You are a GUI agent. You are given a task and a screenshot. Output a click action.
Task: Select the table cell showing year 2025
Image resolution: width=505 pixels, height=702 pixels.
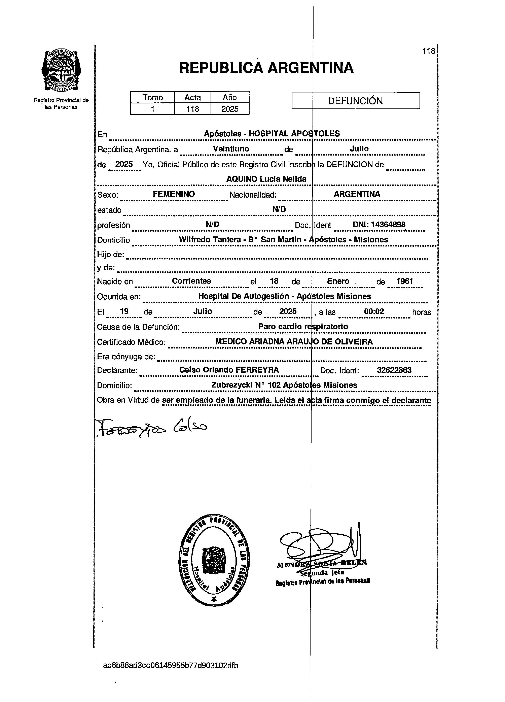[x=230, y=109]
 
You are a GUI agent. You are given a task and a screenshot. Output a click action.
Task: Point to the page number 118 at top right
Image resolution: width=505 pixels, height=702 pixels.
[x=429, y=51]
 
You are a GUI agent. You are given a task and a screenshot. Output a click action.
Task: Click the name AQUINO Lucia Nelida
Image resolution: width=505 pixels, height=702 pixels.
[x=266, y=179]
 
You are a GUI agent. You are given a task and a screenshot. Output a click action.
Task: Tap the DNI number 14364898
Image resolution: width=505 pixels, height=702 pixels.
[x=388, y=225]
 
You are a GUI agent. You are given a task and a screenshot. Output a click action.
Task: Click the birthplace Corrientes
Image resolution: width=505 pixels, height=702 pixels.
[x=191, y=281]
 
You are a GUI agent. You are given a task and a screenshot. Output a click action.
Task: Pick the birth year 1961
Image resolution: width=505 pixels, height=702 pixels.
[x=404, y=281]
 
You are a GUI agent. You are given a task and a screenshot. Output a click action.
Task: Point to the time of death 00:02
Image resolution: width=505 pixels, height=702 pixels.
[x=374, y=311]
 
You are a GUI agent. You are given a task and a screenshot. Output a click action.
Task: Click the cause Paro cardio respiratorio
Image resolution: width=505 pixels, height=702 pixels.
[x=303, y=327]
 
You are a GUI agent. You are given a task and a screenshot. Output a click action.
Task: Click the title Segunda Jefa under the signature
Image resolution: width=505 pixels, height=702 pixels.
[x=322, y=573]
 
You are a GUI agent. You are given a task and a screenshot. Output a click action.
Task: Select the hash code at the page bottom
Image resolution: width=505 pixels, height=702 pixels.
[x=171, y=665]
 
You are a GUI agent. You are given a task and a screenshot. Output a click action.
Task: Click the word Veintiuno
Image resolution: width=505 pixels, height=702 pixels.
[x=231, y=149]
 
